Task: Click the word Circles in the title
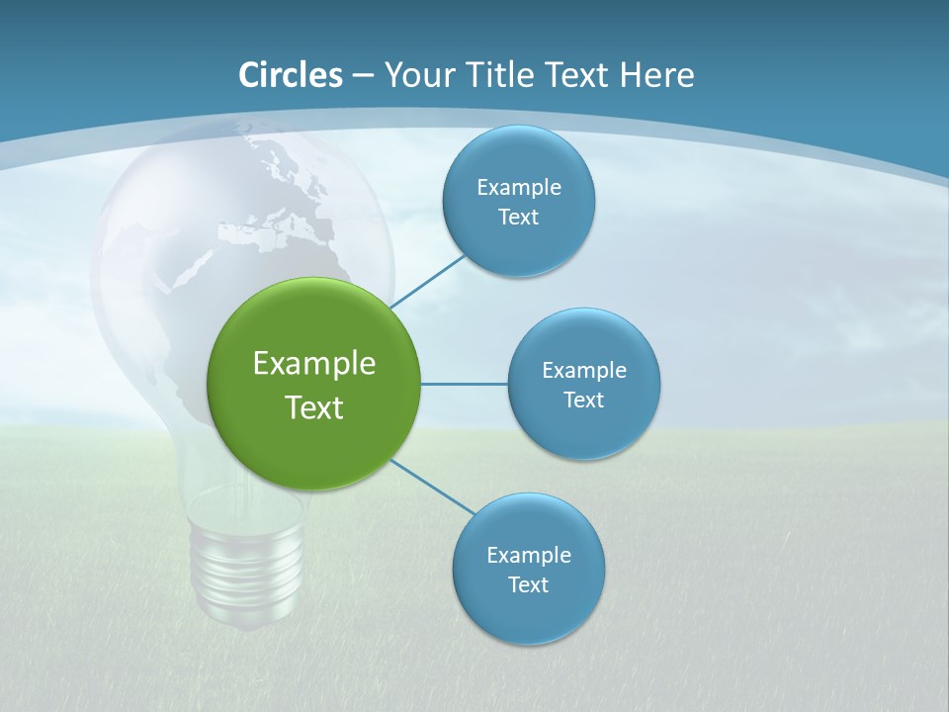coord(291,75)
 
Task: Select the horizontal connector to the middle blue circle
coord(464,384)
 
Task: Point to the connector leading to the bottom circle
coord(433,487)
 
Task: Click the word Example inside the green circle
coord(313,363)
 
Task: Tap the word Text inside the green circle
coord(313,407)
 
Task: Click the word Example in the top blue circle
coord(518,187)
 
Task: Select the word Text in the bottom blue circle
coord(528,584)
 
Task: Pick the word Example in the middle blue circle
coord(583,370)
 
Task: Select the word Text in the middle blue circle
coord(583,400)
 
